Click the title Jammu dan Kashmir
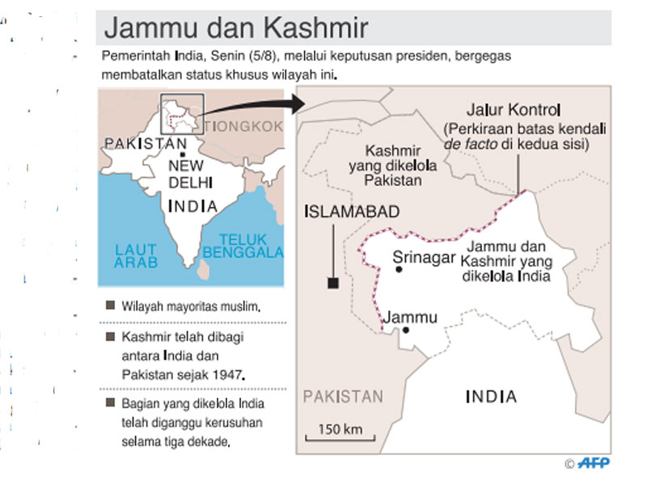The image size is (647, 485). tap(236, 28)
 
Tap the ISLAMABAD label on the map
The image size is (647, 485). tap(352, 212)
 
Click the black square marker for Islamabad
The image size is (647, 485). tap(332, 282)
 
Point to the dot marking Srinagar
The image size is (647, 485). tap(398, 270)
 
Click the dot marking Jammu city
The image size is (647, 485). tap(406, 331)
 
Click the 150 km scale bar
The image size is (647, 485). tap(340, 439)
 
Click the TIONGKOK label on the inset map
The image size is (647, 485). tap(243, 126)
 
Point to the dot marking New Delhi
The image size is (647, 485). tap(185, 154)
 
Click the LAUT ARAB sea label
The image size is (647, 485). tap(135, 257)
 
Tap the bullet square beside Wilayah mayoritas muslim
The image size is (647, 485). tap(109, 307)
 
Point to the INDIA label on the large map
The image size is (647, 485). tap(491, 396)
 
